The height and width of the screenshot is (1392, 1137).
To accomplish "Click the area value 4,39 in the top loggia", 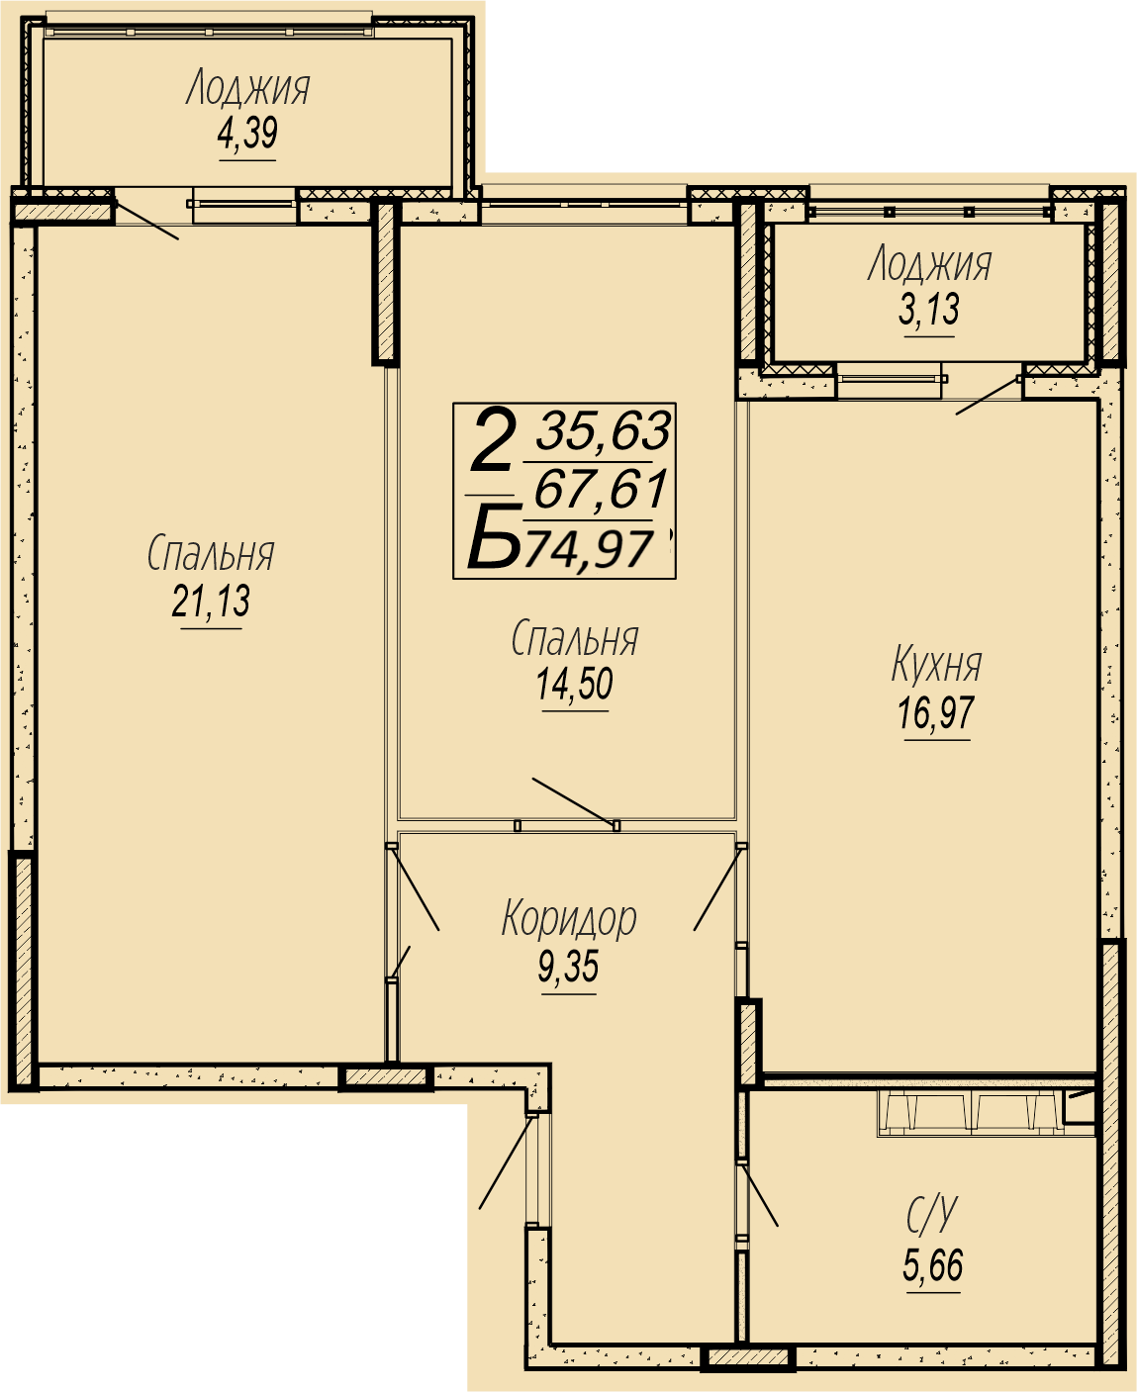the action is coord(247,134).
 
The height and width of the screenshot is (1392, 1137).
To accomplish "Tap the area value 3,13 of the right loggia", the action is coord(929,311).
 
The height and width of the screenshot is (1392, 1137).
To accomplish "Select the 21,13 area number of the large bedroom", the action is coord(211,602).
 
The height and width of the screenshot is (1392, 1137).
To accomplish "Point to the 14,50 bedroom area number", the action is coord(575,684).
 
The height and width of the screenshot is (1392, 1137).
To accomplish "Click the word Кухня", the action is coord(937,665).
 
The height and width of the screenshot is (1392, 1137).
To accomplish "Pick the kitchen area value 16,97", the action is coord(936,713).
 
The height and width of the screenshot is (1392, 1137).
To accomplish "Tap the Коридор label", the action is coord(569,919).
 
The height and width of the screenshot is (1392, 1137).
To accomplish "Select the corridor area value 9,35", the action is coord(568,968).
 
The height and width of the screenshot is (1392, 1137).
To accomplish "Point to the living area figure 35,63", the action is coord(603,430).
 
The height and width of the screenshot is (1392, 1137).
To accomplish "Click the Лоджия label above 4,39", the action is coord(247,89).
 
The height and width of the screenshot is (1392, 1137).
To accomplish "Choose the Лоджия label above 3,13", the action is coord(929,265).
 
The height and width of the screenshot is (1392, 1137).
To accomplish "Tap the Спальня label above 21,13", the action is coord(211,553).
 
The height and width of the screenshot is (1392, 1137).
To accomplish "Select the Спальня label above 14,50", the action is coord(575,638).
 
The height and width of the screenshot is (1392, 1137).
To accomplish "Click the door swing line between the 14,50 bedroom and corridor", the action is coord(575,801).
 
